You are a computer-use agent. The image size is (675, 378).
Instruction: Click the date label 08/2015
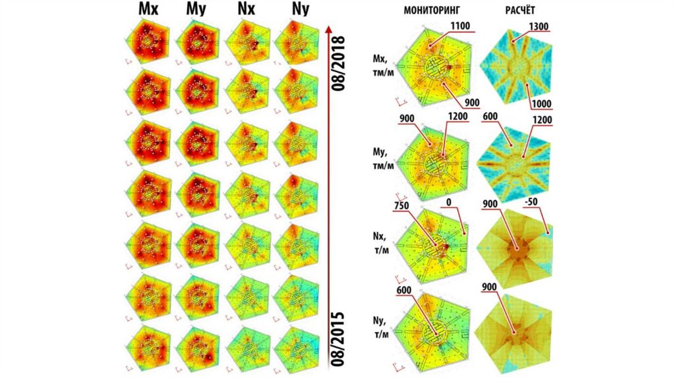tap(341, 335)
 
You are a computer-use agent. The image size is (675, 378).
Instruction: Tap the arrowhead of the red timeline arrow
tap(328, 28)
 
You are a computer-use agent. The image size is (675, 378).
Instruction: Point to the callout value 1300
tap(539, 27)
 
